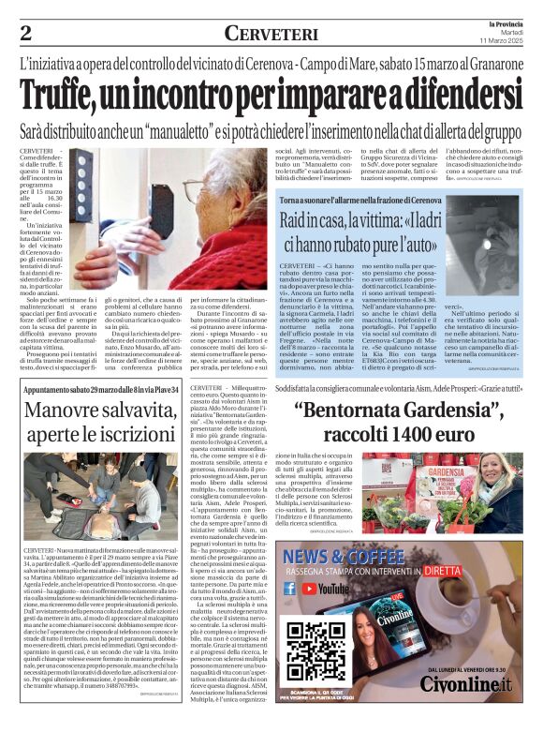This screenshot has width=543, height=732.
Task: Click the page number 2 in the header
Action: click(x=25, y=34)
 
